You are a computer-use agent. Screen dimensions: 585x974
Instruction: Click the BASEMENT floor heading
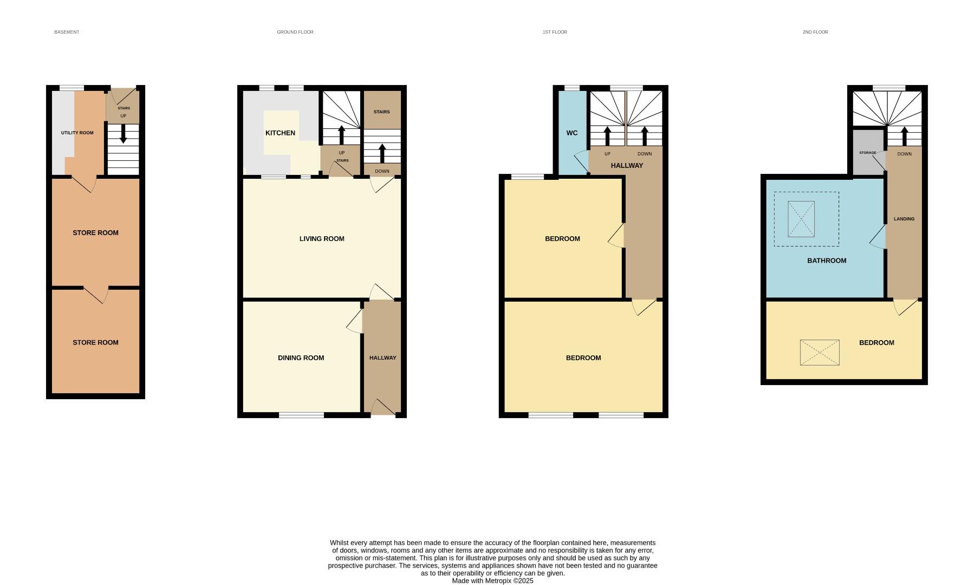point(67,32)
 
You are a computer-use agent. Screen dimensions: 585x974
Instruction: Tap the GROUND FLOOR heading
point(295,32)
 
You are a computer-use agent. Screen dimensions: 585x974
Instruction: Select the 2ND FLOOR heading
point(815,32)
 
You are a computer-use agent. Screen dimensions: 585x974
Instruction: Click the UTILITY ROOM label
point(77,133)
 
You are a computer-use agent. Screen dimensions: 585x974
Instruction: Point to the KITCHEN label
point(280,133)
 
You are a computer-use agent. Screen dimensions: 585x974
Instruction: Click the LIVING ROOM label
point(322,238)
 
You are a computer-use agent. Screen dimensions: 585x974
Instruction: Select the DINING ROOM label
point(301,357)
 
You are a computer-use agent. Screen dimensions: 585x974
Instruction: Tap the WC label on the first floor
point(572,133)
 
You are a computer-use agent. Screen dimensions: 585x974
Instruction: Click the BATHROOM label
point(826,261)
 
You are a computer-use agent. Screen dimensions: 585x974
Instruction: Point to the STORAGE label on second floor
point(867,153)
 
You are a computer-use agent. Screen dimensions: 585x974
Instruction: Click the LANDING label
point(904,219)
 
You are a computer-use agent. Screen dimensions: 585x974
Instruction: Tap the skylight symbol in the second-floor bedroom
point(820,353)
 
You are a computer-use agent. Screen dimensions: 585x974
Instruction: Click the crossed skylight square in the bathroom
point(801,219)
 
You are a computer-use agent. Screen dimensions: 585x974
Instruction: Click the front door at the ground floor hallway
point(382,408)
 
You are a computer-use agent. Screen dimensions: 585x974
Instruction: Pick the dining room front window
point(301,415)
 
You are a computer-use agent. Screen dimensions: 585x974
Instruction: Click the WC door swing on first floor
point(581,161)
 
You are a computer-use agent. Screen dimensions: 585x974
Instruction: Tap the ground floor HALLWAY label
point(382,357)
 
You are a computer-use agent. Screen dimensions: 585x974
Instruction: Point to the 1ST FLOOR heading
point(555,32)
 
